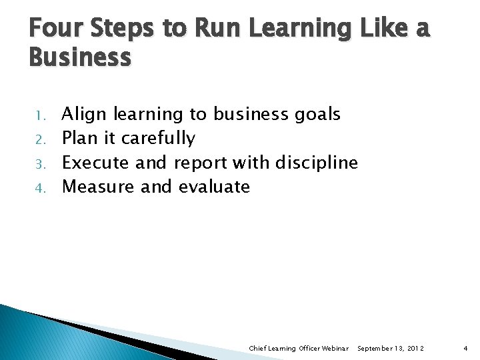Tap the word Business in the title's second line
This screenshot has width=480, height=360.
80,58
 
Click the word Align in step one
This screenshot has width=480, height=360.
85,115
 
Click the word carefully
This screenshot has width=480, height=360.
158,139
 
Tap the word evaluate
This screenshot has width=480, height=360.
214,187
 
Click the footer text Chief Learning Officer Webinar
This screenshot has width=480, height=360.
299,349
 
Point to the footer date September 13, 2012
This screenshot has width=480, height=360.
391,349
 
